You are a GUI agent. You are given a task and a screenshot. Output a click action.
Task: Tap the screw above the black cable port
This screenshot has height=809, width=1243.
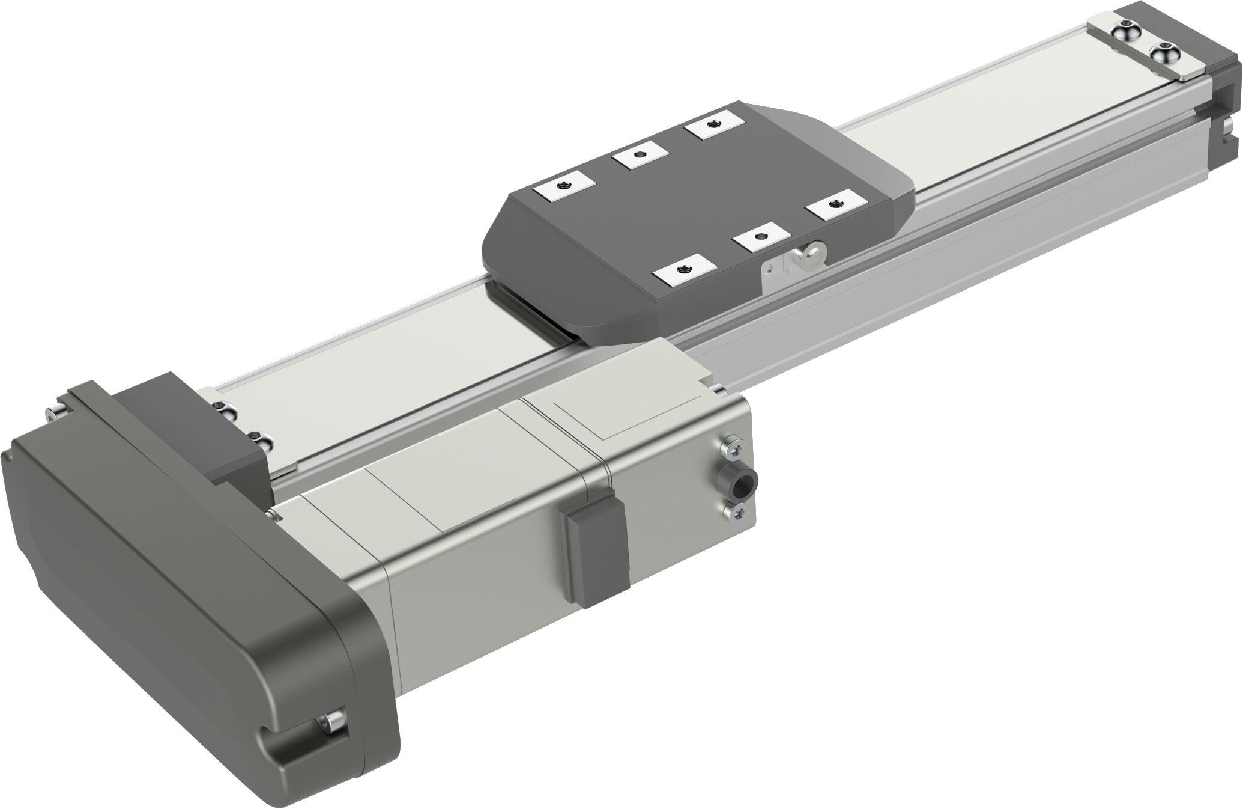point(734,448)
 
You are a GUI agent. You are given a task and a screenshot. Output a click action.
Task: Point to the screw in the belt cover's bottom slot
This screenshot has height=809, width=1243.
point(330,723)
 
